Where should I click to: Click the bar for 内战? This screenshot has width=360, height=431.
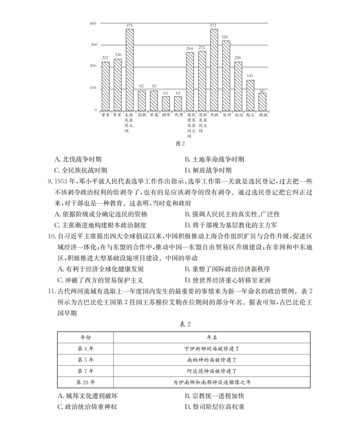point(214,69)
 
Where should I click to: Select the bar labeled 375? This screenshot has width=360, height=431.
point(130,69)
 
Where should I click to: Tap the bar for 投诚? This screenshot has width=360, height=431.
point(262,101)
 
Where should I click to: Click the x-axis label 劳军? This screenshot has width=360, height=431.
point(105,114)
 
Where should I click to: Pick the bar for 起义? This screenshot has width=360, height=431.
point(250,95)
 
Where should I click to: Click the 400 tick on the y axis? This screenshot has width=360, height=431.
point(93,24)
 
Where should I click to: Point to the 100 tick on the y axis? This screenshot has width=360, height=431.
point(93,88)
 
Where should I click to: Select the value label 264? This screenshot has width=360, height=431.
point(190,48)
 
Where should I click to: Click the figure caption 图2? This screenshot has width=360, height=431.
point(180,144)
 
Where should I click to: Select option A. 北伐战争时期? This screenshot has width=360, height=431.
point(80,160)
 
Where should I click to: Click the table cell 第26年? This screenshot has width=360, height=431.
point(85,382)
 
